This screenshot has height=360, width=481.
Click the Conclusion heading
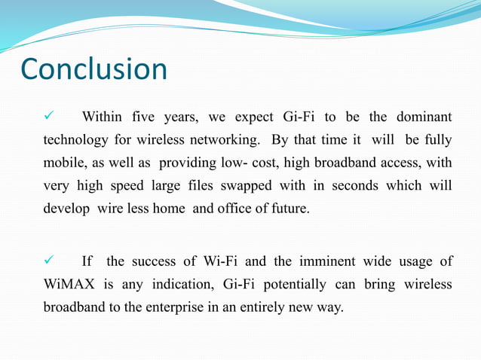93,69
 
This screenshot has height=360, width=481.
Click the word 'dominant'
422,117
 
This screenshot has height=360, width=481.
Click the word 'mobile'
65,163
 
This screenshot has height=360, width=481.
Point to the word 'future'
289,209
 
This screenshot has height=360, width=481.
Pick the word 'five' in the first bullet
143,117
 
